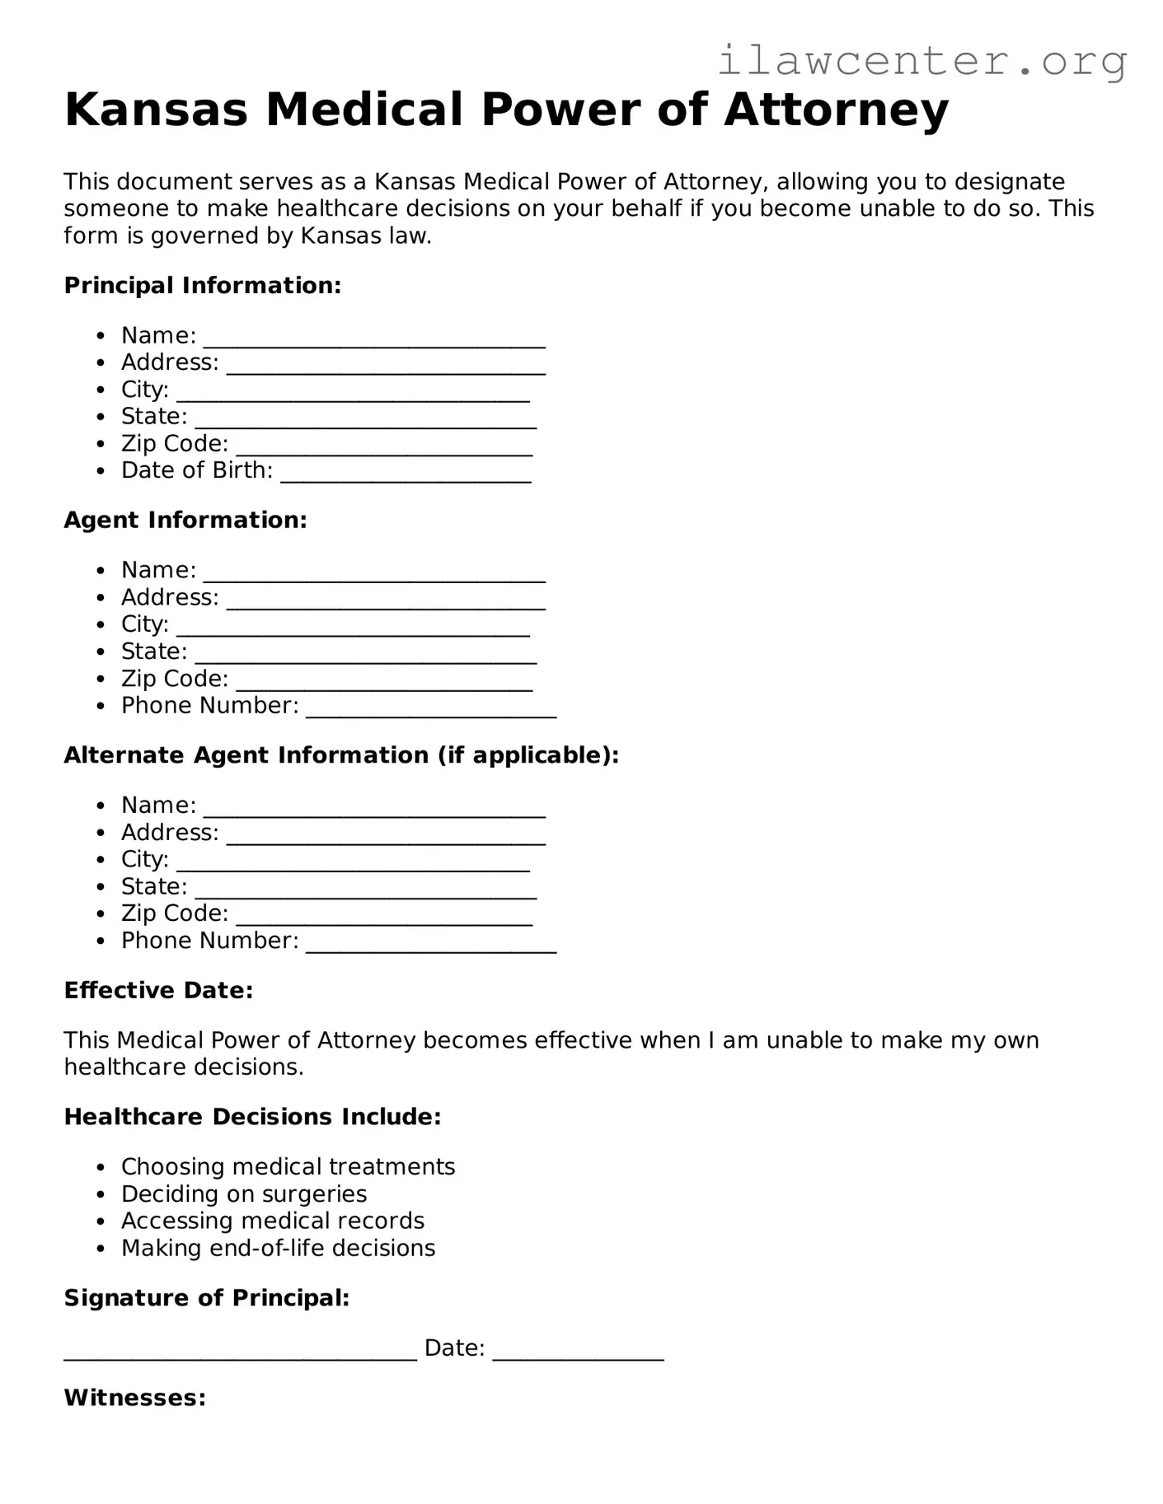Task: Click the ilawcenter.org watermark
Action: point(922,61)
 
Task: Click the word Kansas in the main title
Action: point(156,110)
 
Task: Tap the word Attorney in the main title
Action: point(836,110)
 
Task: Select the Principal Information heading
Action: point(202,286)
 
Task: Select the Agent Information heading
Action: point(185,521)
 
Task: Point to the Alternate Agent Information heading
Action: point(341,755)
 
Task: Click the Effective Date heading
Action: point(158,990)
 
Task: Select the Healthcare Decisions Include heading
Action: point(252,1117)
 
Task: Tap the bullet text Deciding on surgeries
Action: point(244,1194)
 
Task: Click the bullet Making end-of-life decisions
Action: point(278,1249)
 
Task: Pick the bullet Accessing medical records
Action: point(272,1221)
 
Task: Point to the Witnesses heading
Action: point(134,1398)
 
